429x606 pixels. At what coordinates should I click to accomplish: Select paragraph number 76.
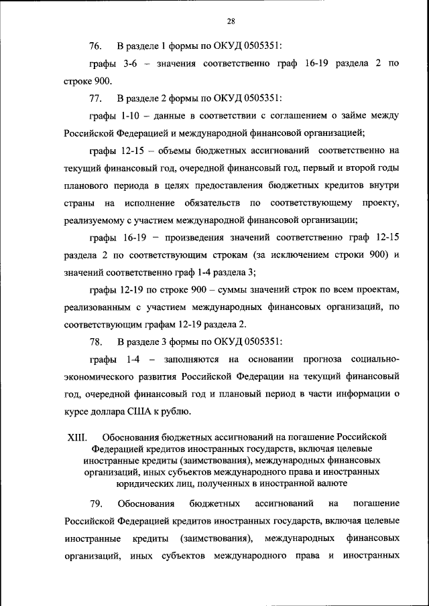[95, 46]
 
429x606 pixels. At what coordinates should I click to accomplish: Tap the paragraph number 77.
[95, 98]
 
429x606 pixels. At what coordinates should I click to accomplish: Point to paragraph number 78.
[95, 342]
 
